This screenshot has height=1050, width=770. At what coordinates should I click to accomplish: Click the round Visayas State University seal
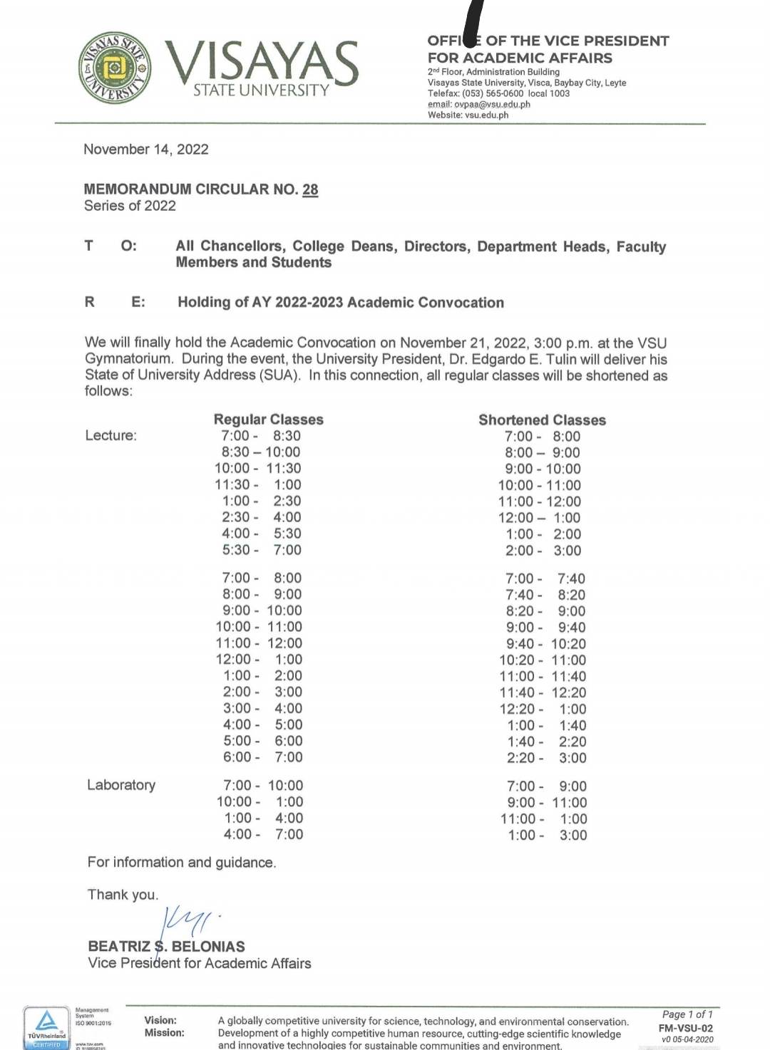pos(115,68)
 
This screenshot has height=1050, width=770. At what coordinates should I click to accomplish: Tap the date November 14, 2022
pos(146,150)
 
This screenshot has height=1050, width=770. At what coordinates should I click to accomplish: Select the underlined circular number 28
pos(310,189)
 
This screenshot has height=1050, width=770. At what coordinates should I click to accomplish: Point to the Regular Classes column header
pos(269,420)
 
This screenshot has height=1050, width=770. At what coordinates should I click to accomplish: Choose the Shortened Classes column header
pos(542,420)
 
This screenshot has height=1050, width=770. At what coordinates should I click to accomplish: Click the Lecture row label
pos(111,436)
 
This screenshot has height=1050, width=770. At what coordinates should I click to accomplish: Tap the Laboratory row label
pos(121,785)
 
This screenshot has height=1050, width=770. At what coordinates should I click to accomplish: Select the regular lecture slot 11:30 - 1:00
pos(258,485)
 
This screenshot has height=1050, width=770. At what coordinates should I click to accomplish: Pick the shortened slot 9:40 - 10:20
pos(546,644)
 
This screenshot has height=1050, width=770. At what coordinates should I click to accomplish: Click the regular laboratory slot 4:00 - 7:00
pos(263,834)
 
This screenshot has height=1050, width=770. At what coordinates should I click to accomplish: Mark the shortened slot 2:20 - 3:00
pos(547,758)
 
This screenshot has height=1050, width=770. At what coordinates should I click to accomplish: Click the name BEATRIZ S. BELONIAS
pos(166,947)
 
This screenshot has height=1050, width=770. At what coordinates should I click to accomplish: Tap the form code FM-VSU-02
pos(685,1028)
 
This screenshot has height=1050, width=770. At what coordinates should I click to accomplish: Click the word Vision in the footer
pos(160,1020)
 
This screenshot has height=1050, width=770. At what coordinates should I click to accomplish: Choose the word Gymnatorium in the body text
pos(128,359)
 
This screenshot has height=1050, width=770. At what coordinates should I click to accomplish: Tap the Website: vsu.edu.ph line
pos(468,115)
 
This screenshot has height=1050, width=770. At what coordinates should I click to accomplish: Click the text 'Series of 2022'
pos(130,206)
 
